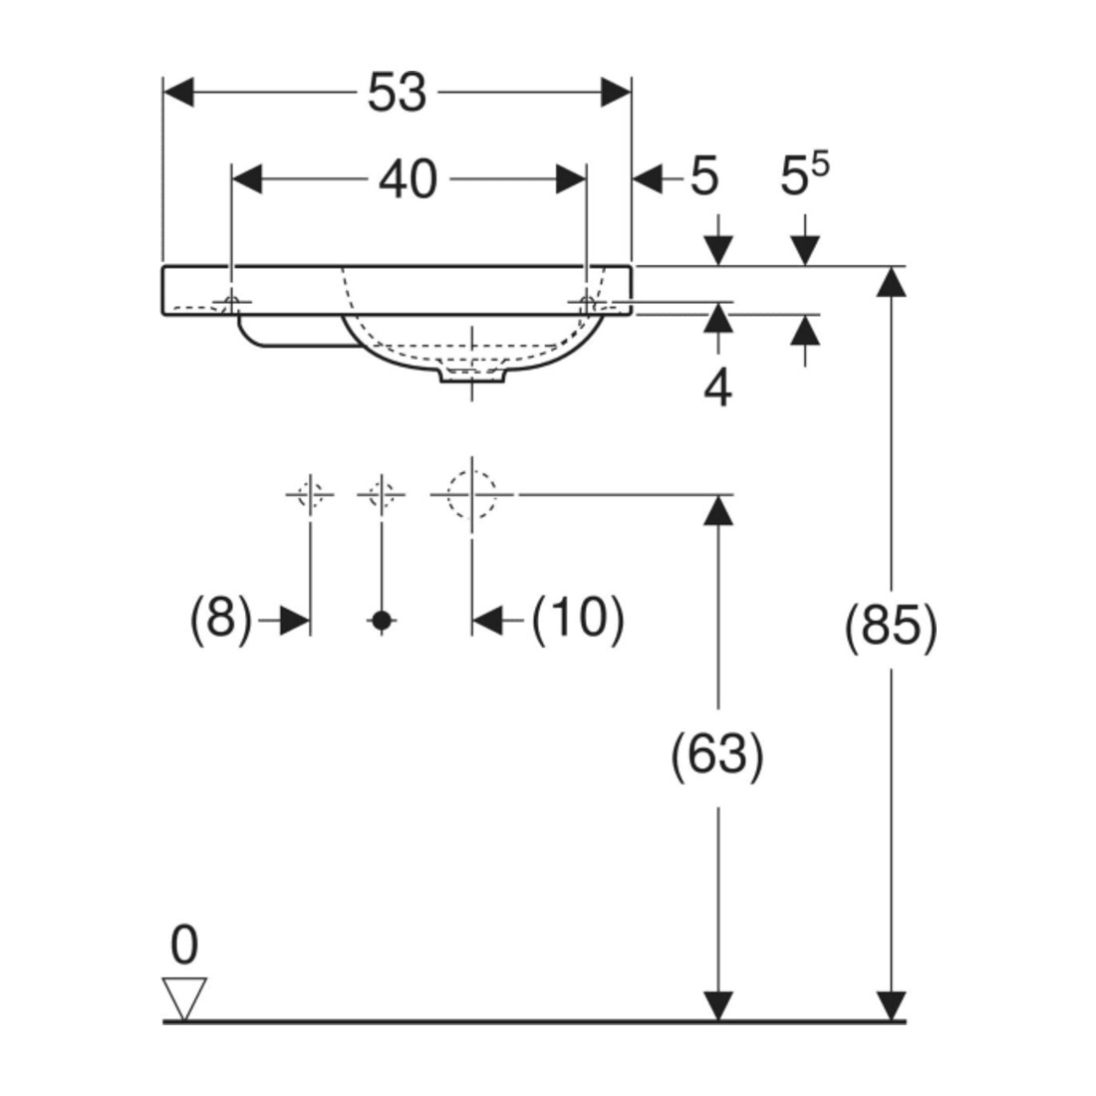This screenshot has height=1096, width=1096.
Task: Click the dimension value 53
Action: pyautogui.click(x=397, y=93)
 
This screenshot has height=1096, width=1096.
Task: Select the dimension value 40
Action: pyautogui.click(x=409, y=179)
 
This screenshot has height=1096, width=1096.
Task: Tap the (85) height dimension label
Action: pyautogui.click(x=891, y=627)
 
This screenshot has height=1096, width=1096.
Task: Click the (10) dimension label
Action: pyautogui.click(x=578, y=619)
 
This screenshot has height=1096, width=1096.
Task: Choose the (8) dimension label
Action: pyautogui.click(x=220, y=619)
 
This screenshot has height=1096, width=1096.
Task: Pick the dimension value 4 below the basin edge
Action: pyautogui.click(x=717, y=390)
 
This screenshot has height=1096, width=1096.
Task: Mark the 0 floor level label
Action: pyautogui.click(x=184, y=946)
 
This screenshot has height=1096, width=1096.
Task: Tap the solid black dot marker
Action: pyautogui.click(x=382, y=620)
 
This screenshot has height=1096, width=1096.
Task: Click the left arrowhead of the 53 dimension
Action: pyautogui.click(x=178, y=93)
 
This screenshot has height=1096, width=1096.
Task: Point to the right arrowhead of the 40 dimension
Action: pyautogui.click(x=570, y=179)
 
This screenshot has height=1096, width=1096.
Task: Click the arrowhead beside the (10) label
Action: pyautogui.click(x=487, y=620)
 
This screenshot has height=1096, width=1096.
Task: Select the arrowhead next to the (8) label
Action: pyautogui.click(x=294, y=620)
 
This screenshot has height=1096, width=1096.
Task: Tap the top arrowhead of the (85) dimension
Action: pyautogui.click(x=891, y=282)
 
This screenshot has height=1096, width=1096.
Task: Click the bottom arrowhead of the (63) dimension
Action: pyautogui.click(x=717, y=1006)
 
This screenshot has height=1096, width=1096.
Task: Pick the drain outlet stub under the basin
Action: pyautogui.click(x=472, y=376)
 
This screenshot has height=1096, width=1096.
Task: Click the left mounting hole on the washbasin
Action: pyautogui.click(x=231, y=303)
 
